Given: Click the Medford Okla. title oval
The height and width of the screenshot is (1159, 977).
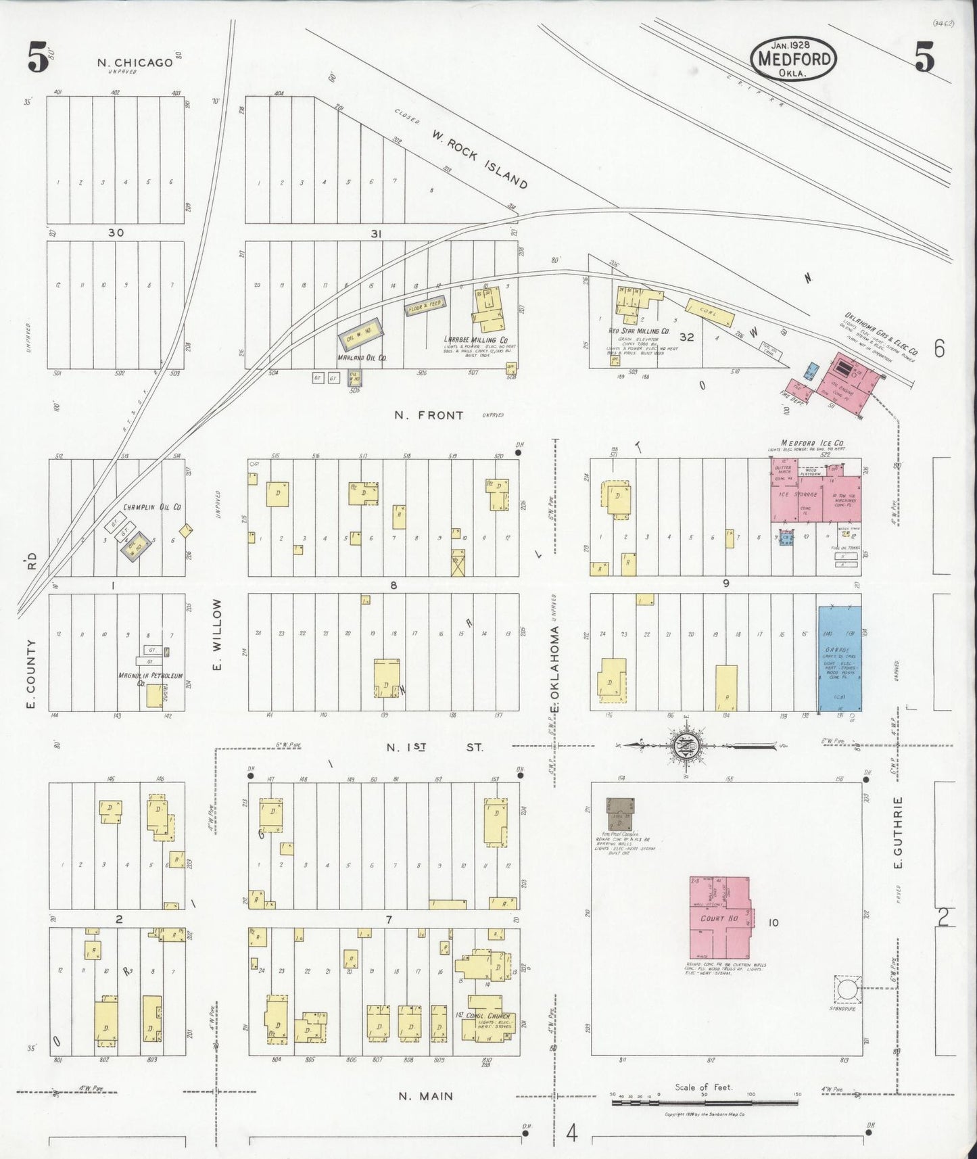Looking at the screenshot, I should [x=794, y=59].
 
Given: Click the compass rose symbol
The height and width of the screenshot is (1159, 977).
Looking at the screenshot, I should [x=686, y=746].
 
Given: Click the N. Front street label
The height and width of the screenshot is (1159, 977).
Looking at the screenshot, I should [x=429, y=415].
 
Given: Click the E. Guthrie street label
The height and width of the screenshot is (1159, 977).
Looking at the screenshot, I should [x=899, y=833].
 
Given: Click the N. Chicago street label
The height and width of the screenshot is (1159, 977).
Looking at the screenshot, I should [x=135, y=63].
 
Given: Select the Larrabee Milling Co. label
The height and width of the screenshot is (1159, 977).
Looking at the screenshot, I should [x=476, y=339].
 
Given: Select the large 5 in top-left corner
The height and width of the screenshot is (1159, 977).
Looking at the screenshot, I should [x=38, y=58].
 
